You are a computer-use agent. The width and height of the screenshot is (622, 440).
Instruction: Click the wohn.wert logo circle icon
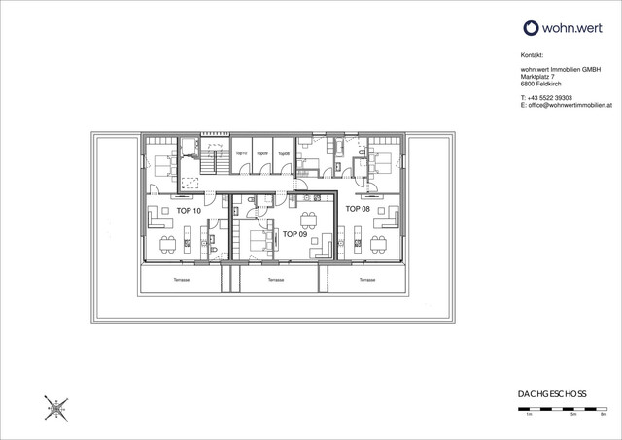[531, 28]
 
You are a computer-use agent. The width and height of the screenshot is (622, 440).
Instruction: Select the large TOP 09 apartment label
[296, 234]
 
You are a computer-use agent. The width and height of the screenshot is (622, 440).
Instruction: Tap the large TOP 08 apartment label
[358, 209]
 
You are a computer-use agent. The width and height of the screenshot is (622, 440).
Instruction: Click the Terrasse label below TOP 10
[182, 280]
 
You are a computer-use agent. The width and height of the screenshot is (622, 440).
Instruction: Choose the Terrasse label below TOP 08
[366, 280]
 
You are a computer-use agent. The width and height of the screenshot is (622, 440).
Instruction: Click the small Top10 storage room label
[242, 154]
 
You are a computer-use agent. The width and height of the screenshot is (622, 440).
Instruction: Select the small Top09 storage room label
[262, 154]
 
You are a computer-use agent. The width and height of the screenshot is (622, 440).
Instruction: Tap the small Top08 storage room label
[283, 154]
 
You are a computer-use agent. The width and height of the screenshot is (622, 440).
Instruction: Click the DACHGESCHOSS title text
[552, 393]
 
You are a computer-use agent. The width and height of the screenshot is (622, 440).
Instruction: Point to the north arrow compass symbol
[56, 407]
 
